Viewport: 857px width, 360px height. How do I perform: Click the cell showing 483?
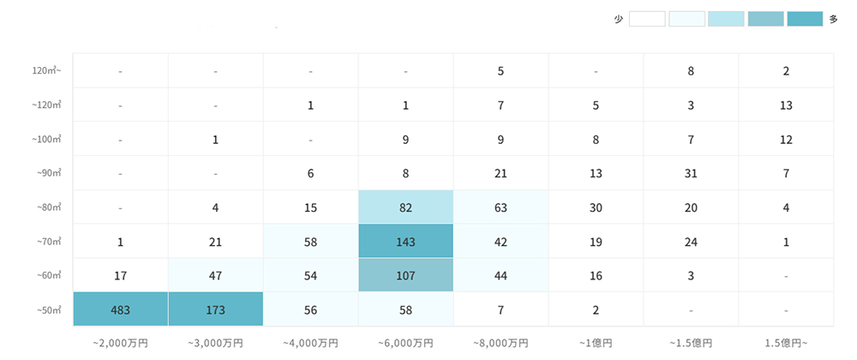pyautogui.click(x=121, y=309)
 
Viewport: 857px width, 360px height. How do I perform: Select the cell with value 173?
pyautogui.click(x=216, y=309)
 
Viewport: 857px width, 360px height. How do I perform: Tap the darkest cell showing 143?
pyautogui.click(x=405, y=242)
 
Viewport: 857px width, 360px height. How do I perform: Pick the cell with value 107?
pyautogui.click(x=405, y=275)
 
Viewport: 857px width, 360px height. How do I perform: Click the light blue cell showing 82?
pyautogui.click(x=405, y=207)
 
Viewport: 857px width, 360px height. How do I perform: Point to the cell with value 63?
pyautogui.click(x=500, y=207)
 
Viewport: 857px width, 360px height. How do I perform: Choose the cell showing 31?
pyautogui.click(x=691, y=173)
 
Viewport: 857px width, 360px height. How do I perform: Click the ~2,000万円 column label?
pyautogui.click(x=121, y=343)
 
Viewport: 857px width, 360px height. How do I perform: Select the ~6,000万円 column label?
pyautogui.click(x=405, y=343)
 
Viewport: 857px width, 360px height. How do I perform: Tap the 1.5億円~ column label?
pyautogui.click(x=786, y=343)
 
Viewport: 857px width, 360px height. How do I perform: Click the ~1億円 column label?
pyautogui.click(x=596, y=343)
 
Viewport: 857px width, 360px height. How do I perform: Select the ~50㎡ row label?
pyautogui.click(x=48, y=309)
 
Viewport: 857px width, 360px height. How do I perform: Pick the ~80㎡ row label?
pyautogui.click(x=48, y=207)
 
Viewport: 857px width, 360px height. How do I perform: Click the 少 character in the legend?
pyautogui.click(x=619, y=19)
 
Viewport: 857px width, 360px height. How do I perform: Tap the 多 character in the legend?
pyautogui.click(x=833, y=19)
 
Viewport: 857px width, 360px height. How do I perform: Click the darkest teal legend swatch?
pyautogui.click(x=805, y=19)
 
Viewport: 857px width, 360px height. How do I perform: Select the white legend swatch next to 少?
pyautogui.click(x=647, y=19)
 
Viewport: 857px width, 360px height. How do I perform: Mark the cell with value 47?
pyautogui.click(x=216, y=275)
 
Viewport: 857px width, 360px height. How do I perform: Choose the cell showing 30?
pyautogui.click(x=596, y=207)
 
